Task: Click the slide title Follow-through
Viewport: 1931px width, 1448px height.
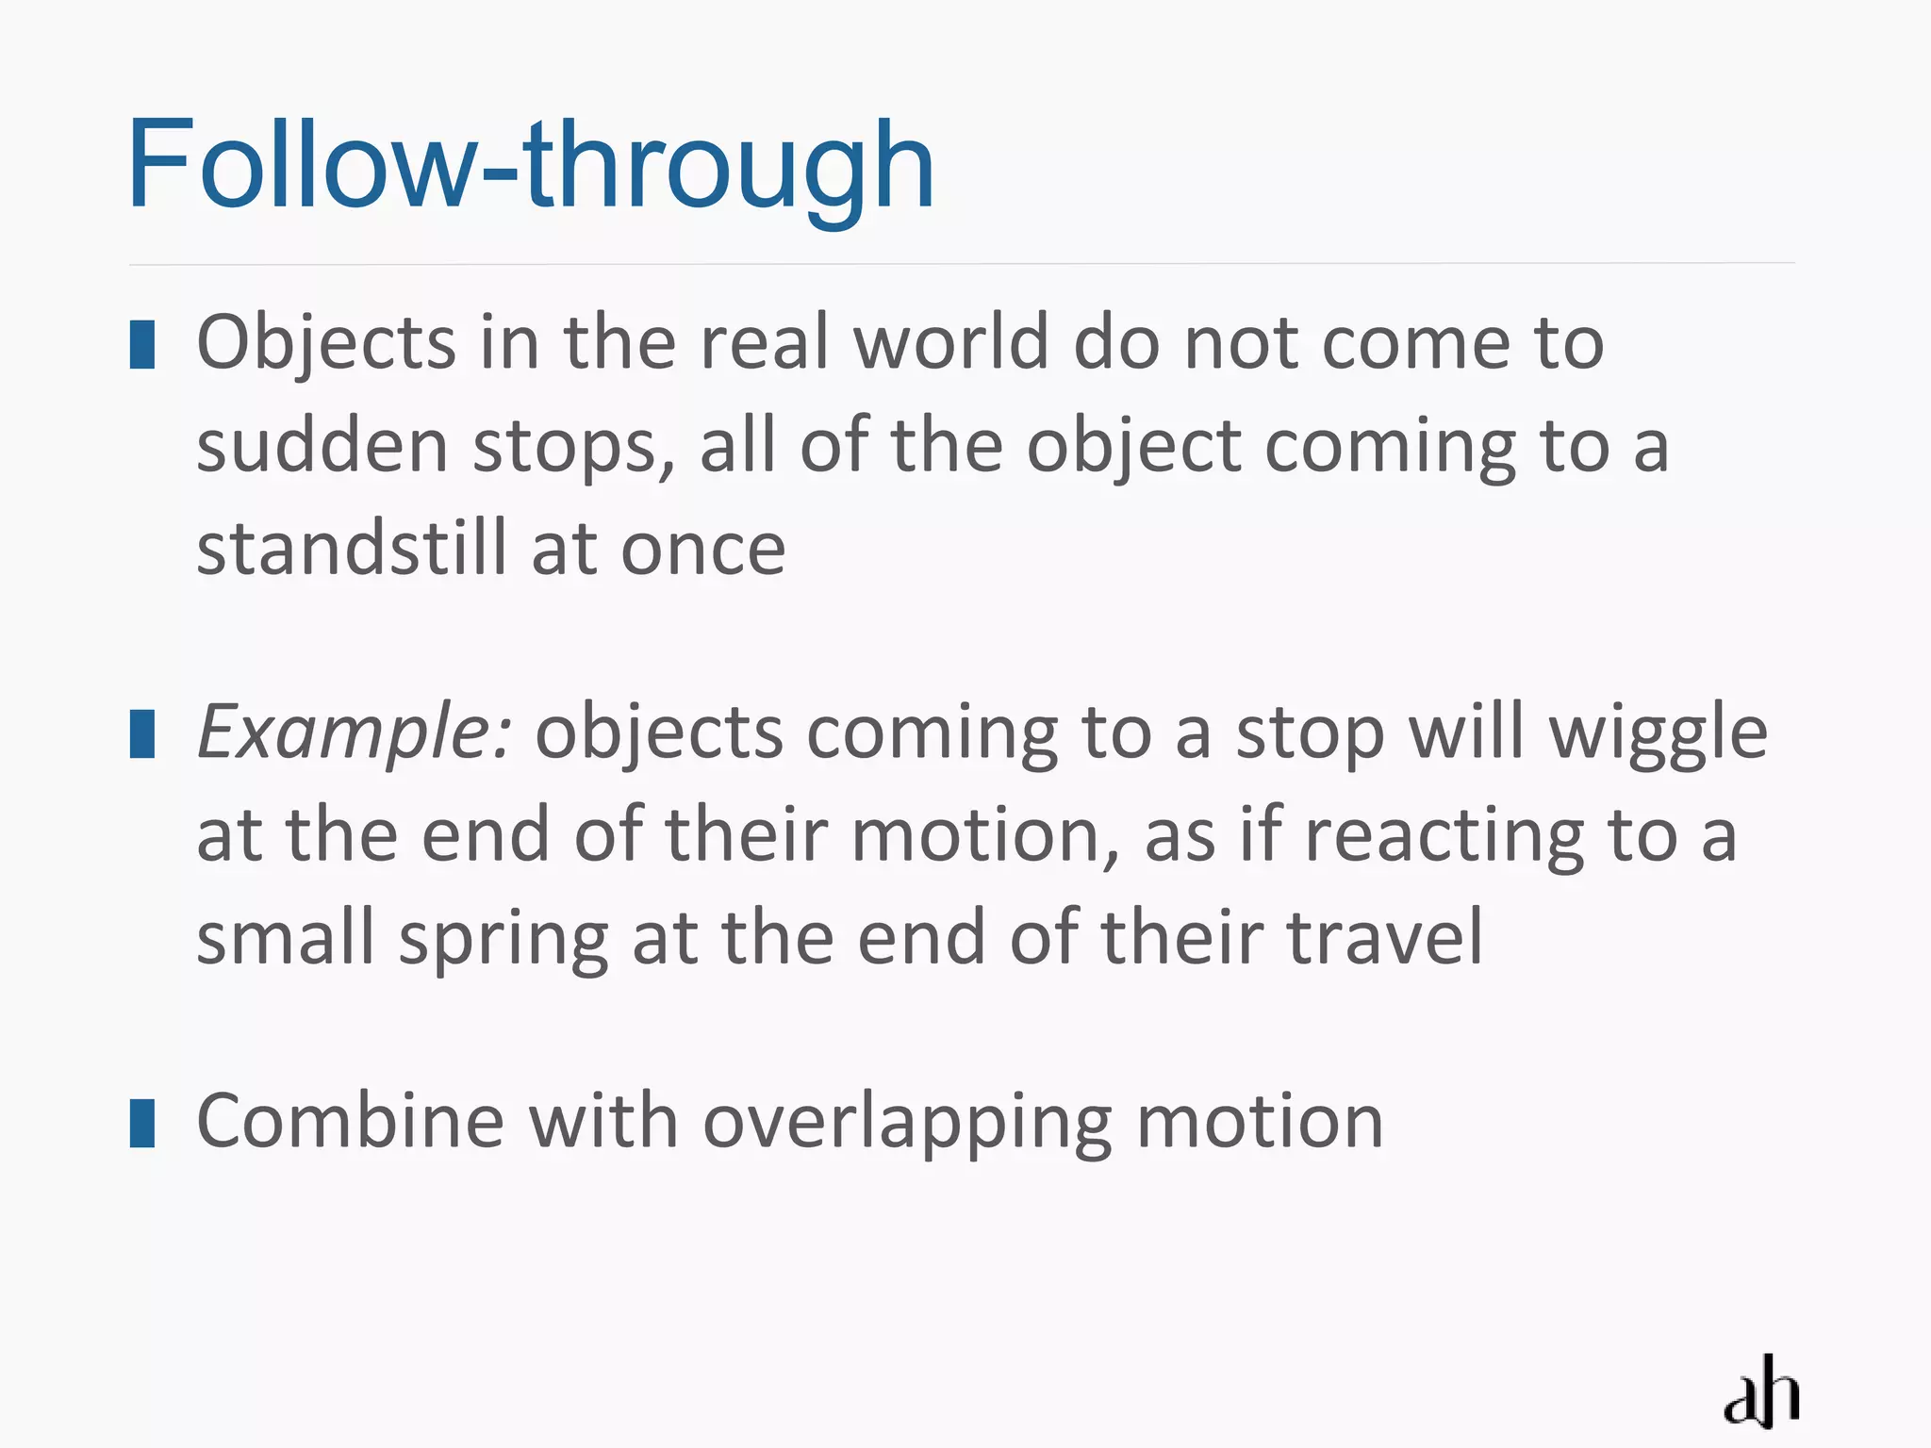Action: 531,166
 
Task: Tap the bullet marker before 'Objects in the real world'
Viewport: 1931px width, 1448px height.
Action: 142,344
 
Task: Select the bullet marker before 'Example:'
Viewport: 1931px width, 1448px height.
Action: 142,734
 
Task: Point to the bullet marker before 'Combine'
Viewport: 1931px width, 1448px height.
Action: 142,1123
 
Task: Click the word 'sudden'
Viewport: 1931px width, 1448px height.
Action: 322,447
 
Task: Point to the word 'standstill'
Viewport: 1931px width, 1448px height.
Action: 352,550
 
